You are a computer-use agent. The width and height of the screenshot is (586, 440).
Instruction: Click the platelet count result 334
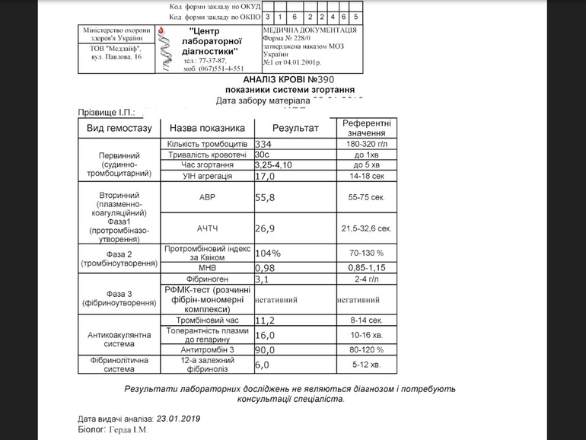(263, 144)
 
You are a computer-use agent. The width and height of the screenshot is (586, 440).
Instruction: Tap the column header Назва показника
(206, 128)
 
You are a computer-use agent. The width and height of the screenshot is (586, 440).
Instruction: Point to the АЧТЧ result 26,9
(266, 228)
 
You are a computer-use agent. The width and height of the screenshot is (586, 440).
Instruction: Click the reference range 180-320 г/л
(367, 144)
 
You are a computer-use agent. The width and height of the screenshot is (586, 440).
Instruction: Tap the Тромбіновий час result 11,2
(265, 320)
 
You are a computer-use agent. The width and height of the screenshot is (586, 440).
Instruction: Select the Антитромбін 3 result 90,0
(265, 349)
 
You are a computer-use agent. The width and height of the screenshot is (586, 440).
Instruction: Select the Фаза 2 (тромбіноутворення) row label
(119, 258)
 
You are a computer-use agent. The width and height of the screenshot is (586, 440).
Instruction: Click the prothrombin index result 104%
(267, 252)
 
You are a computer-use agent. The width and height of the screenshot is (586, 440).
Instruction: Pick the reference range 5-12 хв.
(367, 365)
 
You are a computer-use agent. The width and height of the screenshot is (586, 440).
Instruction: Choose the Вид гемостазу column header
(119, 128)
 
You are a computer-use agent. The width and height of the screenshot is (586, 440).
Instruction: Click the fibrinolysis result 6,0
(262, 365)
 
